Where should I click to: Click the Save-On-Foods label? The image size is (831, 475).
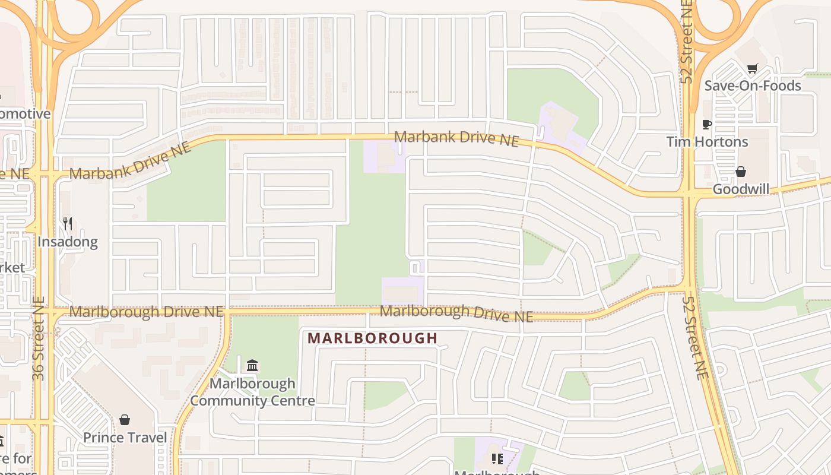pyautogui.click(x=753, y=85)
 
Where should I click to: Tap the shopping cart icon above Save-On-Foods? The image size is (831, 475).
pyautogui.click(x=753, y=68)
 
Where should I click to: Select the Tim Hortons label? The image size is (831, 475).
pyautogui.click(x=707, y=142)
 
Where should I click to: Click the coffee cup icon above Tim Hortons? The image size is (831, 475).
pyautogui.click(x=707, y=124)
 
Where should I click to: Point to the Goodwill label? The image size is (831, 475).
pyautogui.click(x=741, y=189)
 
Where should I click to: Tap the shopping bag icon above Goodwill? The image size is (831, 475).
pyautogui.click(x=741, y=172)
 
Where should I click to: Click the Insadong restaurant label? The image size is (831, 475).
pyautogui.click(x=67, y=242)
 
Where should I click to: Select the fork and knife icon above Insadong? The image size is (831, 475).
pyautogui.click(x=68, y=224)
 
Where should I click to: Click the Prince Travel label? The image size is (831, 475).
pyautogui.click(x=125, y=438)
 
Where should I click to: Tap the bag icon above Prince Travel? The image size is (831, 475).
pyautogui.click(x=125, y=420)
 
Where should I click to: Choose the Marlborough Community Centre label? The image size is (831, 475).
pyautogui.click(x=252, y=392)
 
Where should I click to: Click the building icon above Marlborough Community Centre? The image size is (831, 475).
pyautogui.click(x=252, y=365)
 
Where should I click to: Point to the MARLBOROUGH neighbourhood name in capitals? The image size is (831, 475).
pyautogui.click(x=373, y=338)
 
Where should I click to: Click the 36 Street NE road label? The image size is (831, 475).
pyautogui.click(x=39, y=338)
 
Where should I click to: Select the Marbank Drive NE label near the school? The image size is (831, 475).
pyautogui.click(x=456, y=138)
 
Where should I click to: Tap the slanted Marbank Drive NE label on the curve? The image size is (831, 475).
pyautogui.click(x=131, y=161)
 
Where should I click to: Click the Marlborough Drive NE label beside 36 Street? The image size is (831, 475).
pyautogui.click(x=146, y=312)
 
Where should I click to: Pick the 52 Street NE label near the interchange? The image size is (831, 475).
pyautogui.click(x=687, y=42)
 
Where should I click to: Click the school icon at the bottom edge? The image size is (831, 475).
pyautogui.click(x=497, y=459)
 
